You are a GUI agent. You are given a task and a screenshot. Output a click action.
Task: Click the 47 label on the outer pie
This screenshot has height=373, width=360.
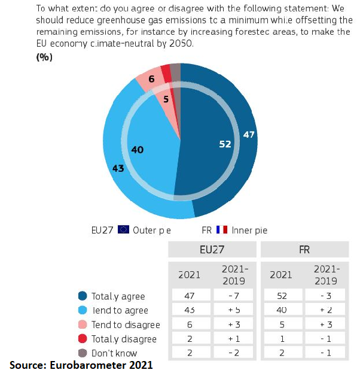pyautogui.click(x=249, y=135)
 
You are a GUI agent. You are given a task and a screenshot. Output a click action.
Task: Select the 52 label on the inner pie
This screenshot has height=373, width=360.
pyautogui.click(x=225, y=144)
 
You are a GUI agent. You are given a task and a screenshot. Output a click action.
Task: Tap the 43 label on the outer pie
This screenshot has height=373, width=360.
pyautogui.click(x=118, y=168)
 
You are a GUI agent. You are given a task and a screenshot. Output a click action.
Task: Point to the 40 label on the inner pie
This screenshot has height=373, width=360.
pyautogui.click(x=137, y=150)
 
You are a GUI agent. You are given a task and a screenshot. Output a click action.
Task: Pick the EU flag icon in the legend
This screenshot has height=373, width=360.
pyautogui.click(x=124, y=230)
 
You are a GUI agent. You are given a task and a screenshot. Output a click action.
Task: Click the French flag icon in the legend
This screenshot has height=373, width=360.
pyautogui.click(x=222, y=230)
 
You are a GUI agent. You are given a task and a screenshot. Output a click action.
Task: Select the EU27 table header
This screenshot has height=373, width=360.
pyautogui.click(x=212, y=249)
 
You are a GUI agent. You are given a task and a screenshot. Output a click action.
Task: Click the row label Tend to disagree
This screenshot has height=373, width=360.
pyautogui.click(x=126, y=325)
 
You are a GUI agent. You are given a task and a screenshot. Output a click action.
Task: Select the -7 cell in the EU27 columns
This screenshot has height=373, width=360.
pyautogui.click(x=234, y=296)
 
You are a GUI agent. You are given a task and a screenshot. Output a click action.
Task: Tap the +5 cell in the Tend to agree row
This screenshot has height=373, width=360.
pyautogui.click(x=234, y=310)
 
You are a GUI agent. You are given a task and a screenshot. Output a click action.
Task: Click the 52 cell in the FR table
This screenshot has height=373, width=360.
pyautogui.click(x=281, y=296)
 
